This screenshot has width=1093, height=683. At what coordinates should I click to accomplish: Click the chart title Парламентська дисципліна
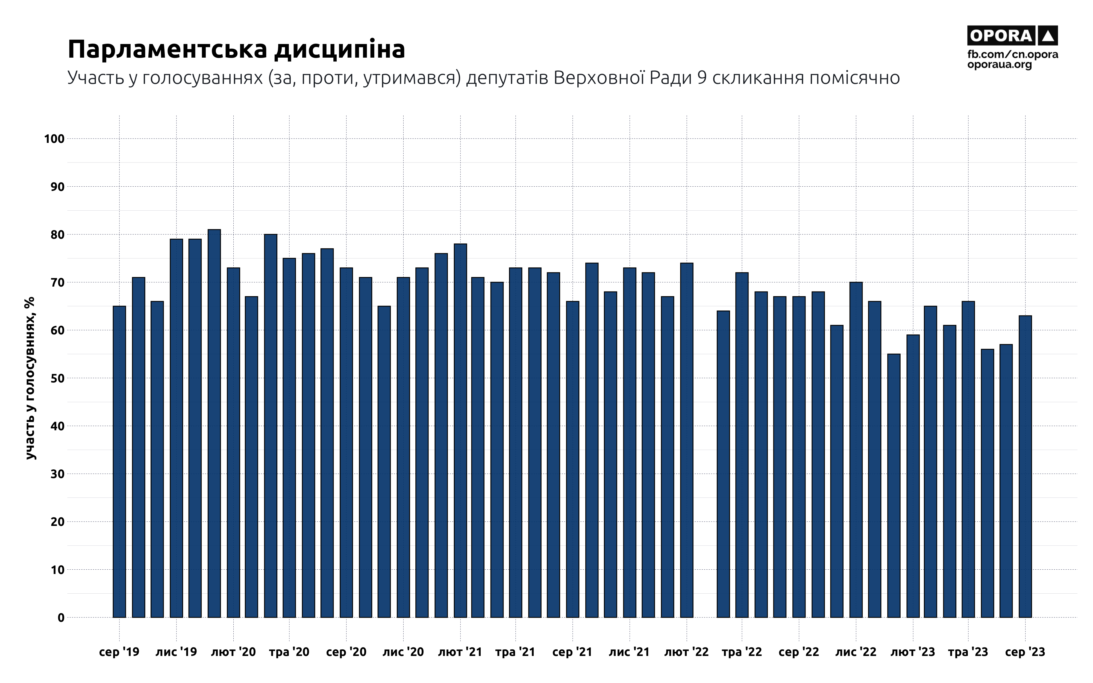coord(236,49)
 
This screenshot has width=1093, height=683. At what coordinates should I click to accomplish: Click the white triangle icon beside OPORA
coord(1048,36)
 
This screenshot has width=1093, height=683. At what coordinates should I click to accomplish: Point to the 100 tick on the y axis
coord(54,139)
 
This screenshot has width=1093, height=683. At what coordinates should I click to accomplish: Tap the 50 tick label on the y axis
coord(57,378)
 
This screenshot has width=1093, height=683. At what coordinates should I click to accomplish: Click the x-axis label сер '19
coord(119,652)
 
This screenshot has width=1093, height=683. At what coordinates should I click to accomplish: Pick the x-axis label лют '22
coord(686,652)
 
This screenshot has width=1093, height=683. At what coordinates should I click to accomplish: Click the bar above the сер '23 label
coord(1025,467)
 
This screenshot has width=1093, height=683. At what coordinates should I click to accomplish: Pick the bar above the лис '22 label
coord(856,450)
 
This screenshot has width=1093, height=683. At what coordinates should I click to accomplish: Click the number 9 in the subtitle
coord(702,78)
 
